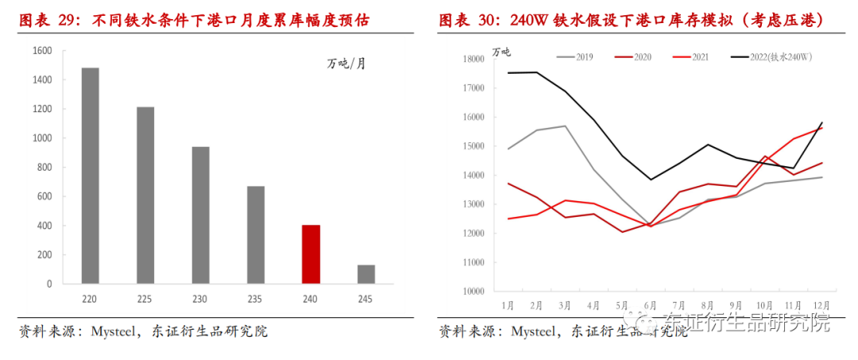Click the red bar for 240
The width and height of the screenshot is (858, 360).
pyautogui.click(x=311, y=254)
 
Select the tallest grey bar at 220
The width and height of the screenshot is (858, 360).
pyautogui.click(x=91, y=176)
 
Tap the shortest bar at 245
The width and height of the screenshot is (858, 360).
pyautogui.click(x=365, y=274)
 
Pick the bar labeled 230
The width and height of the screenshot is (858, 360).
pyautogui.click(x=200, y=215)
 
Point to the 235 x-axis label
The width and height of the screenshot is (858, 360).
pyautogui.click(x=256, y=300)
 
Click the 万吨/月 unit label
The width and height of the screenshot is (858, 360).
pyautogui.click(x=347, y=64)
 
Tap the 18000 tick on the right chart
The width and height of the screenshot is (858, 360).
pyautogui.click(x=473, y=59)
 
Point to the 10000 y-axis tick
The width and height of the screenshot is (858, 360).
pyautogui.click(x=473, y=292)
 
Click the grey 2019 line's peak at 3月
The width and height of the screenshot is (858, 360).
pyautogui.click(x=566, y=126)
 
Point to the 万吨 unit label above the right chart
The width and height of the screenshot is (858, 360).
pyautogui.click(x=502, y=52)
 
